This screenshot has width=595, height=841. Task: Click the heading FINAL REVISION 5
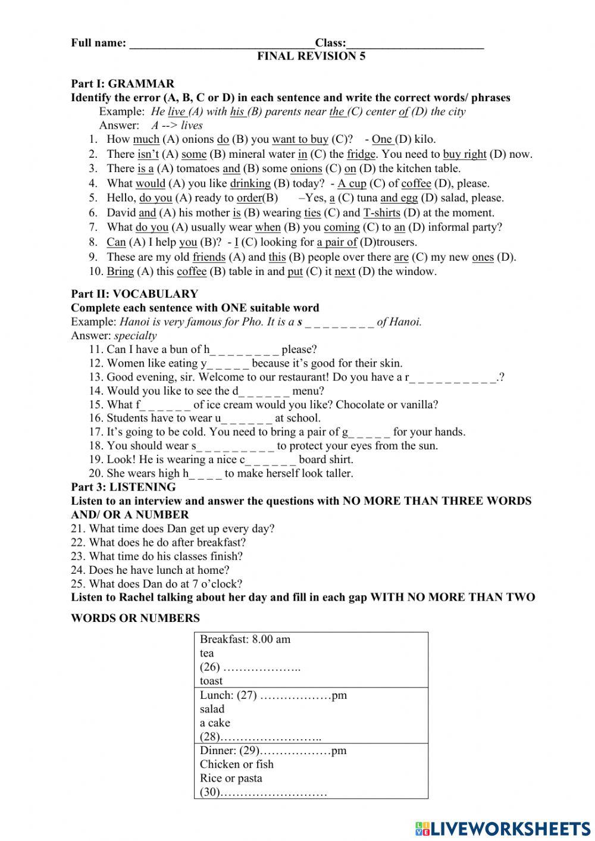click(x=311, y=57)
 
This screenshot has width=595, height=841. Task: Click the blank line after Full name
click(x=221, y=43)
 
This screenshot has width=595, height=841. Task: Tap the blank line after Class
click(x=415, y=43)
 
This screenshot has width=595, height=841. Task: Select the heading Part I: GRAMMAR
click(x=123, y=84)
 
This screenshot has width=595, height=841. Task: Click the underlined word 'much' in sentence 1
click(x=146, y=139)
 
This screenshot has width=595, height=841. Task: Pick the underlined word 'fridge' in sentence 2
click(x=361, y=154)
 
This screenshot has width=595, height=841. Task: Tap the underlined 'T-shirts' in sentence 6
click(x=381, y=212)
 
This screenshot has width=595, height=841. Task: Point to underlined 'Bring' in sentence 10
click(x=120, y=271)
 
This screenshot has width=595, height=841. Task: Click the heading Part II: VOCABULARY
click(x=134, y=294)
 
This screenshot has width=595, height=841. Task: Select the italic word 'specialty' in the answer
click(x=136, y=336)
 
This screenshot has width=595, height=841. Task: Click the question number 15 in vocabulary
click(x=96, y=405)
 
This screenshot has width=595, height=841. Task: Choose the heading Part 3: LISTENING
click(x=123, y=487)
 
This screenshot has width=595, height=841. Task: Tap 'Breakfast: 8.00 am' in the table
click(x=245, y=640)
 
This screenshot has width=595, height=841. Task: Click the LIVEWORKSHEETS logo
click(x=503, y=829)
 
